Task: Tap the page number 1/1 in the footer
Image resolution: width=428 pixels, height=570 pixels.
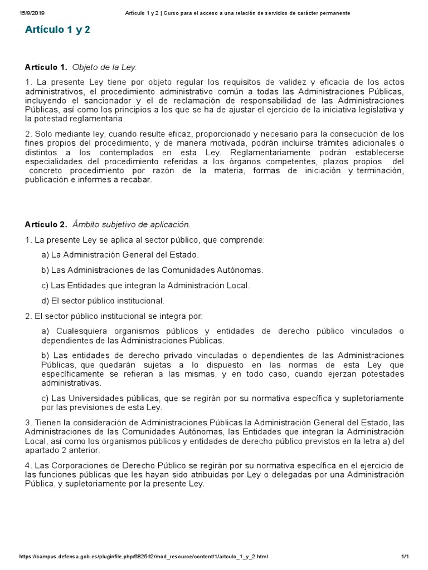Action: (405, 557)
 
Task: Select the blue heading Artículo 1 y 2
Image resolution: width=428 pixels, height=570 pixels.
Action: (57, 30)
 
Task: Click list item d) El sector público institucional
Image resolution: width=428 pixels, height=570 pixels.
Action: (103, 301)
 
